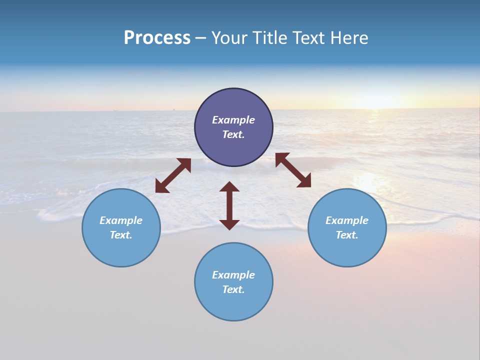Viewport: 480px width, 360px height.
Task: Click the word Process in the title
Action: pos(157,38)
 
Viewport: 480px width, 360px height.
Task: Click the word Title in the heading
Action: pos(270,38)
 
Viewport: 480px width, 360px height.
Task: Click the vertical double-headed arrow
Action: pos(229,206)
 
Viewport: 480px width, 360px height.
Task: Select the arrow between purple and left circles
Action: pos(173,175)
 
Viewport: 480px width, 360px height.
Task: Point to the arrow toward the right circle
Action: pos(293,170)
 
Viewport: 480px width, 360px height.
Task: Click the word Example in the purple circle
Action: pos(233,120)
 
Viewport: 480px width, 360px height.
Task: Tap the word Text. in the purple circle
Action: pos(233,134)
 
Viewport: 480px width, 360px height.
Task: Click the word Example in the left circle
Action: pos(121,220)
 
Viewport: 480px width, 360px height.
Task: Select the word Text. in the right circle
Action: pos(347,235)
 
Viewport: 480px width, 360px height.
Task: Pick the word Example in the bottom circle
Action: pos(233,275)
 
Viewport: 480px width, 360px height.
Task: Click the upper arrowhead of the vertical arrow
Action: pos(229,187)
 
